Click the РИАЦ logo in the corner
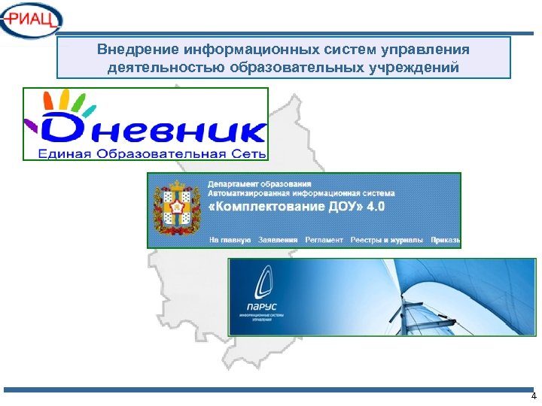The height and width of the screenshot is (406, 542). pos(32,20)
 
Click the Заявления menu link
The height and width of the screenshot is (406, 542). pos(278,241)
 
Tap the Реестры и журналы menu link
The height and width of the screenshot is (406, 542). pos(388,241)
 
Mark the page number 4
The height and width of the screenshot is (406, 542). pos(533,396)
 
